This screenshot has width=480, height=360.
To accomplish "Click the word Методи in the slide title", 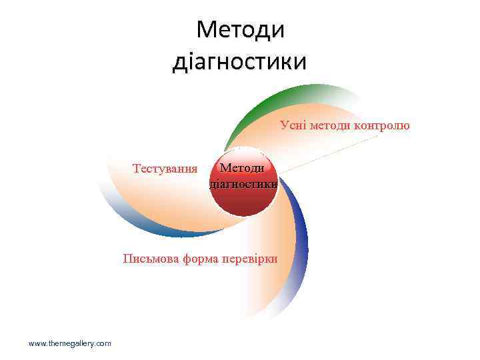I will (241, 29).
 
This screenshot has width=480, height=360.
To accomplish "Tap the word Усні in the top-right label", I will (293, 125).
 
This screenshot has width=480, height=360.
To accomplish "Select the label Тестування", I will (165, 167).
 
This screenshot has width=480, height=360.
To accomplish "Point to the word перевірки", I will (251, 258).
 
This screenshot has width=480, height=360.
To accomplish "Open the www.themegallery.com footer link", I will (70, 343).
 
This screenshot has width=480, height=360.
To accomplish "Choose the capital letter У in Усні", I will (285, 125).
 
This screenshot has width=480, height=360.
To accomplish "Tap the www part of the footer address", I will (37, 343).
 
